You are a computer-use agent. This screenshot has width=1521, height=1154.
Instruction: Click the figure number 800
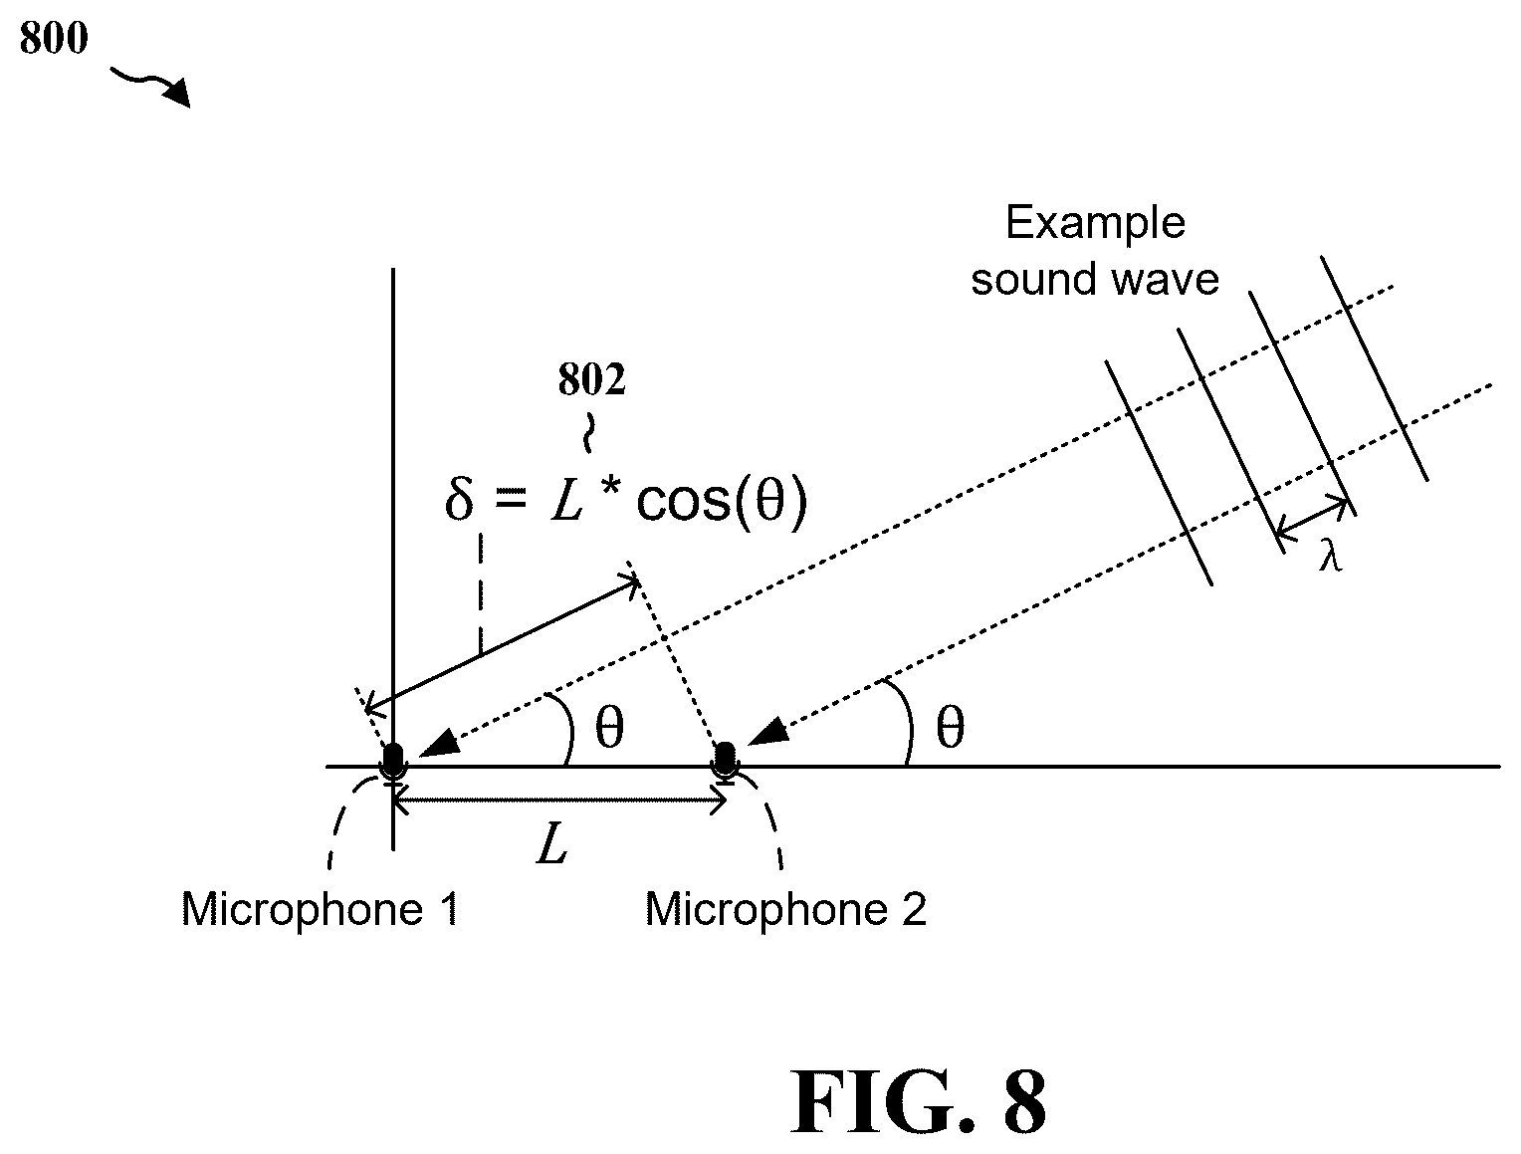54,38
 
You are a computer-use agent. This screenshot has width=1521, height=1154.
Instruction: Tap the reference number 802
591,379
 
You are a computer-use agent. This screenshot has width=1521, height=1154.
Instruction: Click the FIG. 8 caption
918,1101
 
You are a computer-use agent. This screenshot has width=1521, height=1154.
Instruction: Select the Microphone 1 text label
320,908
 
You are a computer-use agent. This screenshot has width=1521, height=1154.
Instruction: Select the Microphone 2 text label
785,909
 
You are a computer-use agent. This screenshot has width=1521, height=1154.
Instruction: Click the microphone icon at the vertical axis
393,763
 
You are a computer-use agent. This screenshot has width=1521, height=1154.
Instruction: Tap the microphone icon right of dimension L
726,763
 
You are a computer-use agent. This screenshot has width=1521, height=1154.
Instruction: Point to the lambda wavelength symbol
1331,556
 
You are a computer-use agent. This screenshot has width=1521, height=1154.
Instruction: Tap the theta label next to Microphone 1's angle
609,728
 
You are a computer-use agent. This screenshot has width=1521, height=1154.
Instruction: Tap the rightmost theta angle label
950,728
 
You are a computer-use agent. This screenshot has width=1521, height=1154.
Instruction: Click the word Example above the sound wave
1096,222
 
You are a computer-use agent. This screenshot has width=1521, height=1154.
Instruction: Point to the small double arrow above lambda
1312,517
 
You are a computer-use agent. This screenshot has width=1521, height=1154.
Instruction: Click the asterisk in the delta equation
610,485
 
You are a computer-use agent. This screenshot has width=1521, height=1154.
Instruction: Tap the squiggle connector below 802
588,434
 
